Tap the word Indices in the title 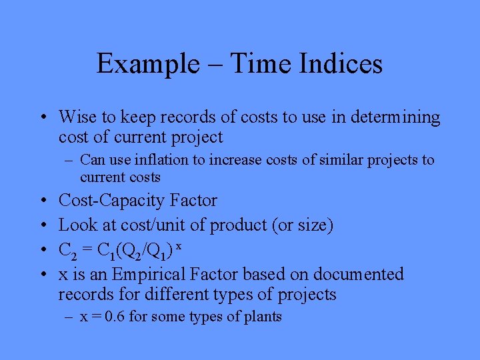click(x=344, y=64)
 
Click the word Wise click(x=77, y=117)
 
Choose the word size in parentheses click(x=310, y=226)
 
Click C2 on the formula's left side click(x=67, y=251)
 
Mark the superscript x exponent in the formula click(x=179, y=247)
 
